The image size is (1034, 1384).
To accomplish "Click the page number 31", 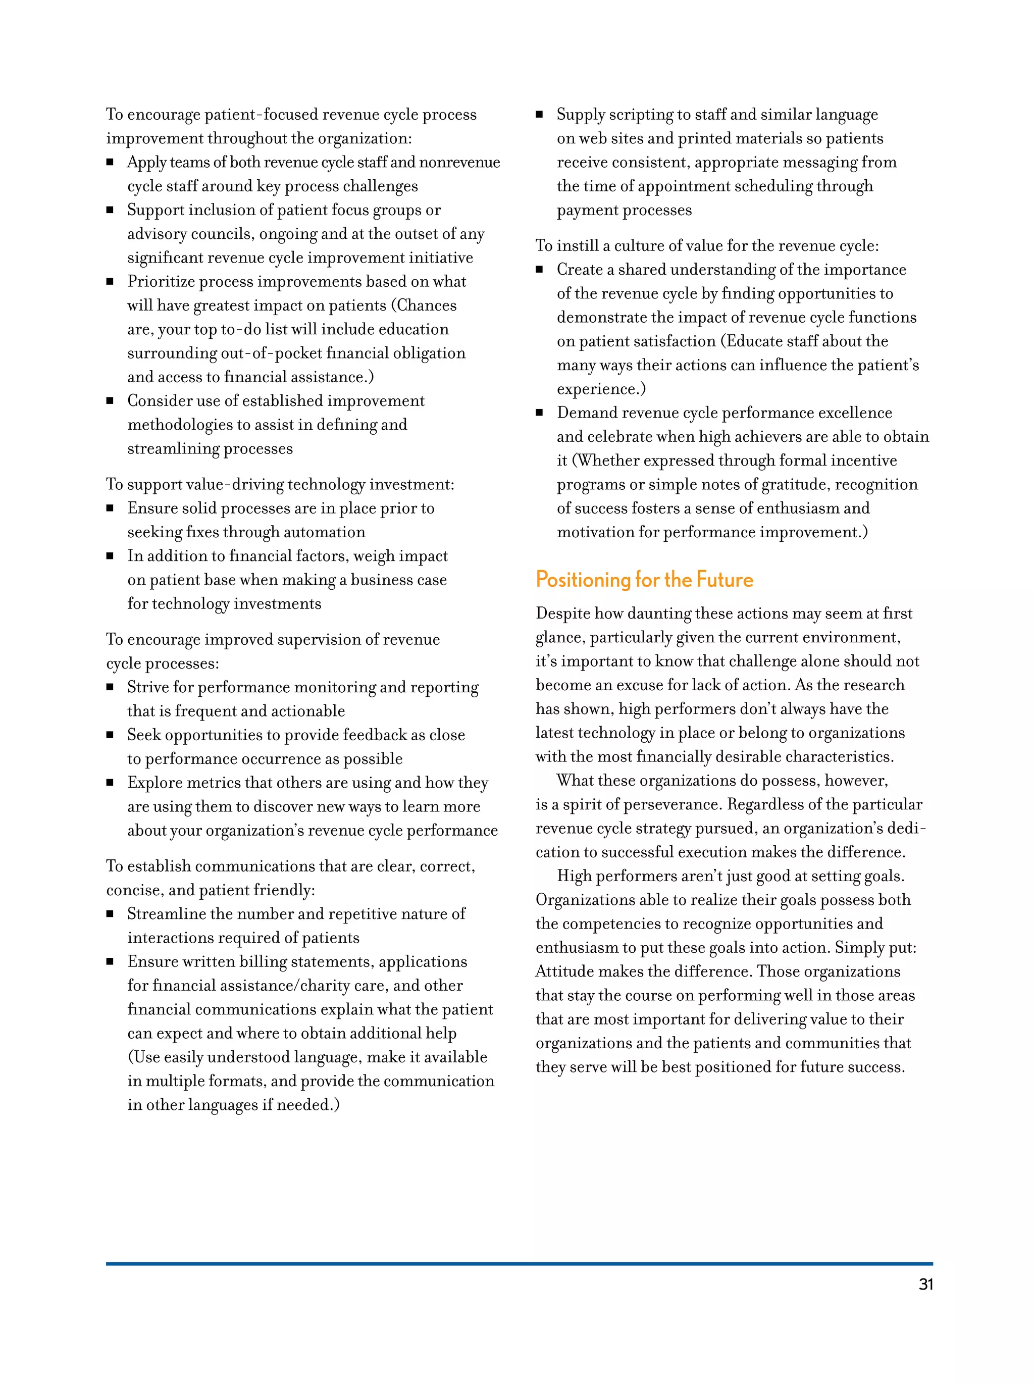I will [925, 1285].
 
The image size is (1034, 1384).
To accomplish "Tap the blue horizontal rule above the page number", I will [519, 1263].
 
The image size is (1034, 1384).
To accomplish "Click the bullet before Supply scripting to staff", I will [539, 115].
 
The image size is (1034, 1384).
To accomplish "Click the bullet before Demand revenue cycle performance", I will [539, 413].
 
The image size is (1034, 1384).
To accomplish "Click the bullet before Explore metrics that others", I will [110, 783].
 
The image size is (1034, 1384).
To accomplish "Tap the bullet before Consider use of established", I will [110, 401].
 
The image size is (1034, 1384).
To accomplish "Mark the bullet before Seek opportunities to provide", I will [110, 735].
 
